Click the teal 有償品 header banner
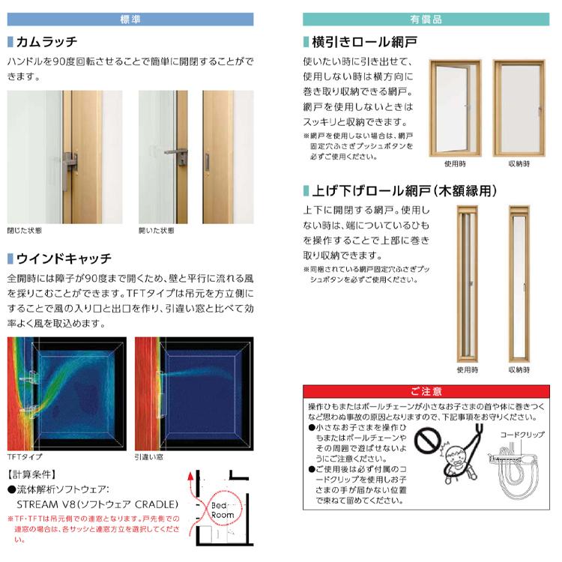[x=426, y=19]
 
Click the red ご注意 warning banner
[x=426, y=390]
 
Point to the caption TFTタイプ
[x=25, y=456]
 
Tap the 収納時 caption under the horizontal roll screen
[x=519, y=163]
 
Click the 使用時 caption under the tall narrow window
[x=465, y=369]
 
